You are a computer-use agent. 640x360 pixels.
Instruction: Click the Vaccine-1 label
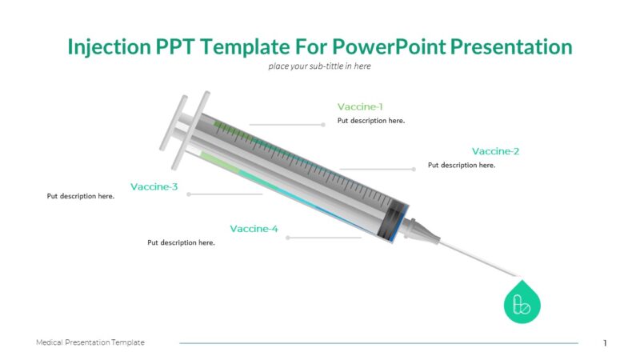(x=360, y=107)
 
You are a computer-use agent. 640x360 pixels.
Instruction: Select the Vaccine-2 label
(x=495, y=151)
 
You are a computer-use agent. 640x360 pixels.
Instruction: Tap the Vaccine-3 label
(x=154, y=187)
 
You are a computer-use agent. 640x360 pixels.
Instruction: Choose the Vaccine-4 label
(x=254, y=229)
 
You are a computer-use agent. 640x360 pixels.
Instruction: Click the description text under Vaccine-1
(x=371, y=121)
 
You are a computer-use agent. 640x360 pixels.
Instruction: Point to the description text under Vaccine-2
(x=462, y=165)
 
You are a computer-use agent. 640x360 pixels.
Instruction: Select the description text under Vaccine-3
(x=81, y=196)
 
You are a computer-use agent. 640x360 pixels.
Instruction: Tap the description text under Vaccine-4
(x=181, y=242)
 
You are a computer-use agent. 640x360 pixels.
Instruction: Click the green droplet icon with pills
(x=522, y=302)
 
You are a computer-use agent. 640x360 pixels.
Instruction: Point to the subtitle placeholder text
(x=319, y=66)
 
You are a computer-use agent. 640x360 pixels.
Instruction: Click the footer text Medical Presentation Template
(x=90, y=342)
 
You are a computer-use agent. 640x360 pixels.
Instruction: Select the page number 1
(x=605, y=343)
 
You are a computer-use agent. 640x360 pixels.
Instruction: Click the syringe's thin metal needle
(x=480, y=256)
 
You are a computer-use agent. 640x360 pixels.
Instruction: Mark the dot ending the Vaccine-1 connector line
(x=323, y=124)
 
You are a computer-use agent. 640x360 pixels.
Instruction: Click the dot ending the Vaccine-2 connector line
(x=414, y=169)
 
